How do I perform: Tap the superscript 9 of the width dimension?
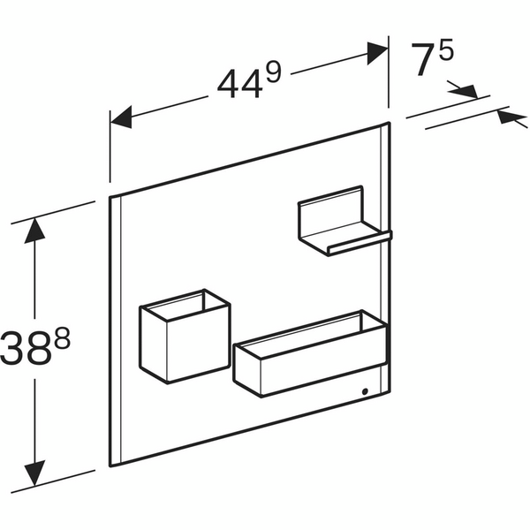[x=272, y=70]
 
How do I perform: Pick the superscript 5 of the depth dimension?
[x=445, y=49]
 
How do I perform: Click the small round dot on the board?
[x=365, y=390]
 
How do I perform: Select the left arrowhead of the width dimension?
[x=120, y=117]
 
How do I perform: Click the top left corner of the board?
[x=110, y=196]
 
